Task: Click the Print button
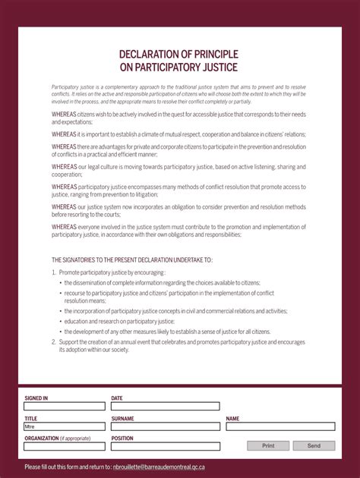268,446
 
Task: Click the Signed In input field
65,407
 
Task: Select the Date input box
166,407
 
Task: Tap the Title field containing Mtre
65,426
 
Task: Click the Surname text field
166,426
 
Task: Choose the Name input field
279,426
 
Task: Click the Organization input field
65,446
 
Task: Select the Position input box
166,446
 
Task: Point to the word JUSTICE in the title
218,68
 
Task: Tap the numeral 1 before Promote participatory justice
53,272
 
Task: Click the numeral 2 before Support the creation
53,341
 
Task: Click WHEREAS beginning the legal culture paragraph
64,166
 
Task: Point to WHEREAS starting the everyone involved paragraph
64,226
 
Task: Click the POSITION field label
122,438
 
